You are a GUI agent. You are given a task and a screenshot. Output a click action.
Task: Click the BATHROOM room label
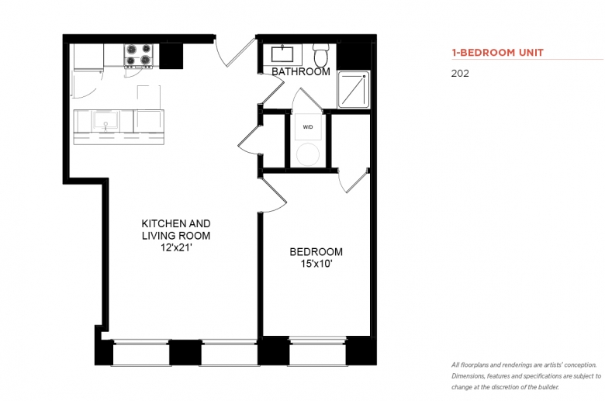click(301, 71)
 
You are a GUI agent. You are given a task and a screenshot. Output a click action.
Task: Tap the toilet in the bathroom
click(320, 55)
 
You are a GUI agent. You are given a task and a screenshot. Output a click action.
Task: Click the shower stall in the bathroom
click(354, 89)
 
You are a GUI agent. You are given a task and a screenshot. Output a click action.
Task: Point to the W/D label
click(308, 127)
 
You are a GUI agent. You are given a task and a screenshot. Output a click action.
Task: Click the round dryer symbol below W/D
click(308, 154)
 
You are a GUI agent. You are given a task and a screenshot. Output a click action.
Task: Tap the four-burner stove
click(139, 55)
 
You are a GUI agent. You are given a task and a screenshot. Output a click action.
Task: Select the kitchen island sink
click(105, 121)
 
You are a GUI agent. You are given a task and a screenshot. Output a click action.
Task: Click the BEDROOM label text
click(316, 251)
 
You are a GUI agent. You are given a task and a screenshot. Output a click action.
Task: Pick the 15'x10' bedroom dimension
click(316, 264)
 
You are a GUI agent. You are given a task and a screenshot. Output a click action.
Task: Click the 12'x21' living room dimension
click(176, 247)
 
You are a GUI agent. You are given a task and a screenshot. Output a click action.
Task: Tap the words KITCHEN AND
click(176, 223)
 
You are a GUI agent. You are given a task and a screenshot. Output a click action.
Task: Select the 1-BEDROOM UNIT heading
click(498, 53)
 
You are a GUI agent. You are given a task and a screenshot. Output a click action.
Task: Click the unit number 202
click(460, 74)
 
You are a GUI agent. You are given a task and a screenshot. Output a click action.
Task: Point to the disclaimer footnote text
click(527, 376)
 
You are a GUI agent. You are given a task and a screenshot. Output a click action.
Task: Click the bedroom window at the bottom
click(317, 351)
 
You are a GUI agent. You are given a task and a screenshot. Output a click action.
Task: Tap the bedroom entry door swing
click(273, 195)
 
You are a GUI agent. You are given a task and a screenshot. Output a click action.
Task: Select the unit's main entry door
click(233, 51)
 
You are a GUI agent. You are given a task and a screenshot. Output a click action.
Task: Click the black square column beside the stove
click(171, 56)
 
